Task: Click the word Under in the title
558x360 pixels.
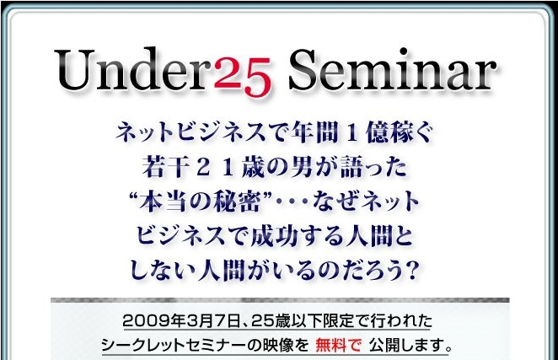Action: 134,69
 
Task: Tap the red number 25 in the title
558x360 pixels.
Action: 243,77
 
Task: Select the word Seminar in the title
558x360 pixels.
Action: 392,69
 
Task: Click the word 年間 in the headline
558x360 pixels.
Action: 314,132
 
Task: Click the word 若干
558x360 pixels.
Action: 165,167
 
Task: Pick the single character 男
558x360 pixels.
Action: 302,167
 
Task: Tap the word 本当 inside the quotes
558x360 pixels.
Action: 164,201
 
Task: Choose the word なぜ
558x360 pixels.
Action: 336,201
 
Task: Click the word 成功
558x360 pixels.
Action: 274,236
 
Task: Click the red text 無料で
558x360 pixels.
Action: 338,345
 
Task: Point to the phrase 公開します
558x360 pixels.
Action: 407,345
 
